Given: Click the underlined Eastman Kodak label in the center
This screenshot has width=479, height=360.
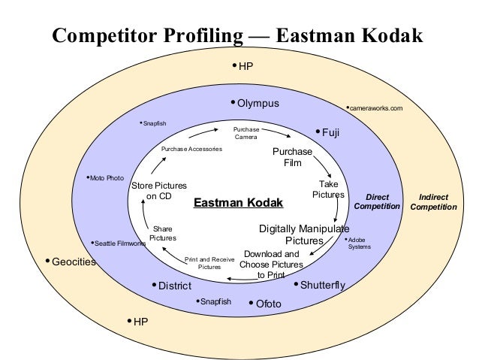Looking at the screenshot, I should coord(239,202).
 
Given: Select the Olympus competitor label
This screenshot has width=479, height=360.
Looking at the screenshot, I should coord(258,102).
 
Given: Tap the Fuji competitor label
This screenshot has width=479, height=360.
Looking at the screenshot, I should coord(330,132).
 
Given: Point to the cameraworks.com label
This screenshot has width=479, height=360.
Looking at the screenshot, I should coord(376,108).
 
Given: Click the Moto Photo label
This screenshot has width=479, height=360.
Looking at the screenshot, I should coord(107,178).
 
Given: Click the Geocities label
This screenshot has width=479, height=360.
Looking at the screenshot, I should coord(74,262).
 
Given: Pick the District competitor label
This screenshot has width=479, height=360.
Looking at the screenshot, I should coord(174,286).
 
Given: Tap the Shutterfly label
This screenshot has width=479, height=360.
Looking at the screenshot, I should coord(322,285).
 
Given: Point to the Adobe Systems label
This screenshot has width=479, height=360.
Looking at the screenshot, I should coord(359,243).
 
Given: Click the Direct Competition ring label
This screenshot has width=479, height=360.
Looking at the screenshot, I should coord(377,201).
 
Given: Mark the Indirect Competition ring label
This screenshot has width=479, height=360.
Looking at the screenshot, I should coord(433,201).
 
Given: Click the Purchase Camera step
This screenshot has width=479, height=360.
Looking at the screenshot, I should coord(246,132).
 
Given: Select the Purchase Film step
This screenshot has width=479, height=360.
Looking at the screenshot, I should coord(287,156).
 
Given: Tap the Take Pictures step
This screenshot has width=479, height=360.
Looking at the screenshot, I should coord(328,189).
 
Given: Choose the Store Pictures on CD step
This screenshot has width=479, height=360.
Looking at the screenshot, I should coord(158,191).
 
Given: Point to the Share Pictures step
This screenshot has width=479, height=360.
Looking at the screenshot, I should coord(163,233).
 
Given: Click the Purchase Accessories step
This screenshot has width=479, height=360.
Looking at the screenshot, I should coord(191,149).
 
